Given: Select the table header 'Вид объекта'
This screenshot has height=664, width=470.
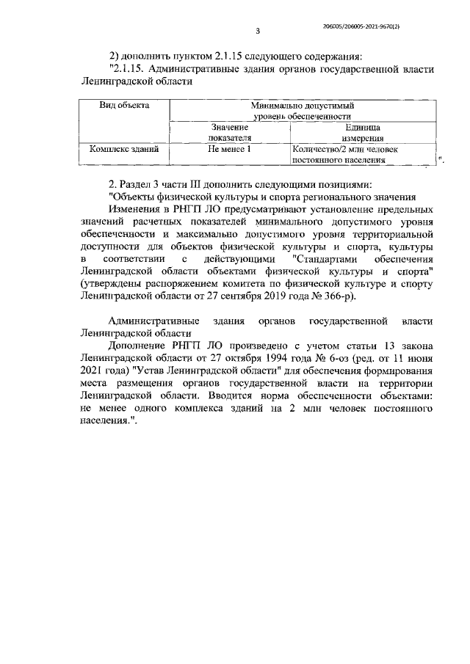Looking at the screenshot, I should click(124, 106).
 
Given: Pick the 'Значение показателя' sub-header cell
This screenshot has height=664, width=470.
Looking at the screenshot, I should click(230, 132).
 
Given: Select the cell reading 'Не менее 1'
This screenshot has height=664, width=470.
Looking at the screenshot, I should click(230, 148).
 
